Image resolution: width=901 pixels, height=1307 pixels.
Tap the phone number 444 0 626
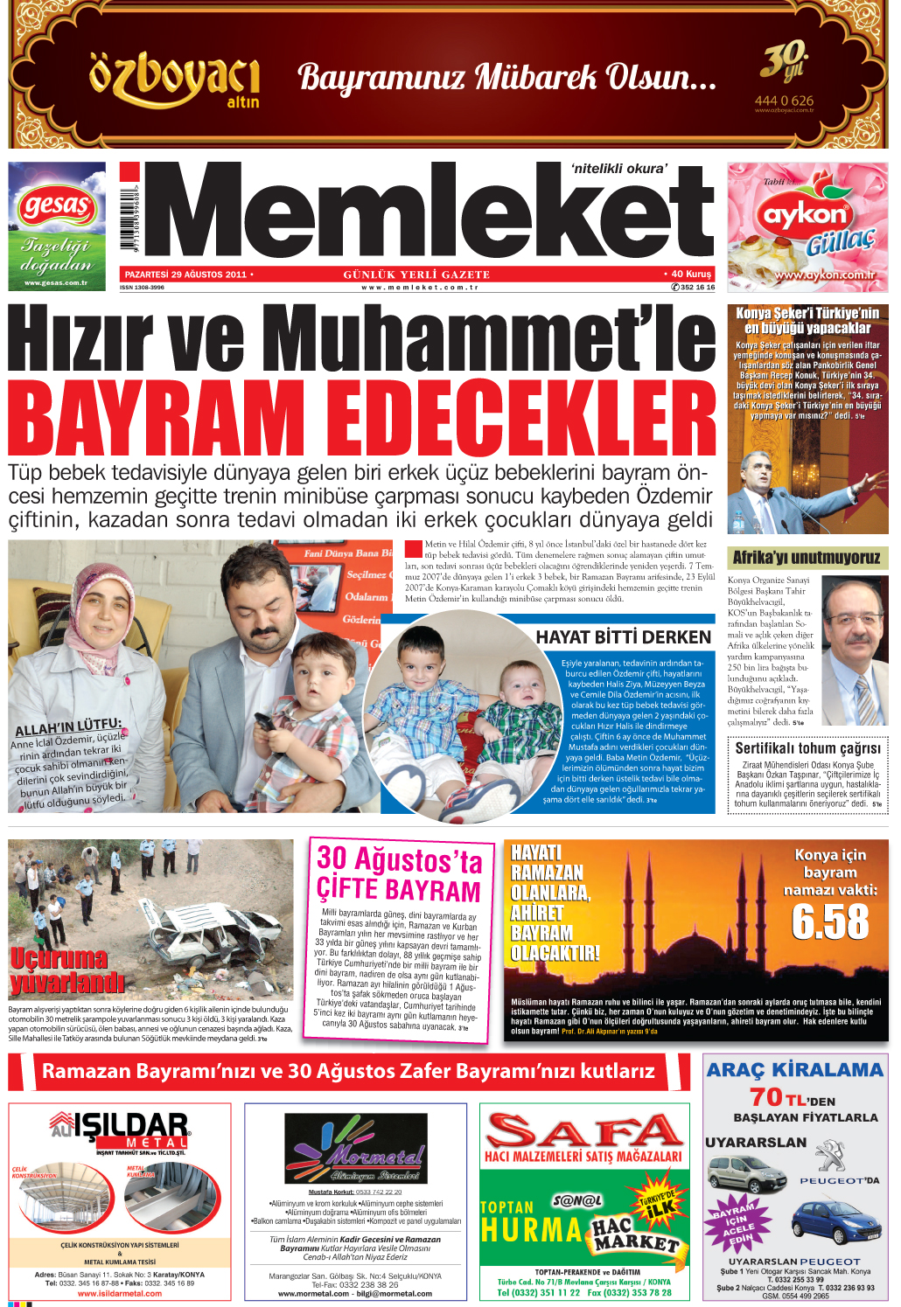pyautogui.click(x=784, y=101)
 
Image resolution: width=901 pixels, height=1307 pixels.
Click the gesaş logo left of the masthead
pyautogui.click(x=57, y=207)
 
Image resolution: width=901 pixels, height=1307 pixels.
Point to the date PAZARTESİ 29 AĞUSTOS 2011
pyautogui.click(x=185, y=275)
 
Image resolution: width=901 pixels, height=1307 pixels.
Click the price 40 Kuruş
pyautogui.click(x=690, y=274)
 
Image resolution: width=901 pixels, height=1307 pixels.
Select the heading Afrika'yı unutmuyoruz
pyautogui.click(x=807, y=558)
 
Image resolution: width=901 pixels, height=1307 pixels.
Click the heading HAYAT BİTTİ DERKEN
pyautogui.click(x=623, y=637)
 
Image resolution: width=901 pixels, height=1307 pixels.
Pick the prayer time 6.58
pyautogui.click(x=829, y=921)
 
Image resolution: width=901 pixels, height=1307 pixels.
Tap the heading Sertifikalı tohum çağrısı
pyautogui.click(x=807, y=748)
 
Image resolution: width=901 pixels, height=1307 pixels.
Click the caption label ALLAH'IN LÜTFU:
pyautogui.click(x=68, y=727)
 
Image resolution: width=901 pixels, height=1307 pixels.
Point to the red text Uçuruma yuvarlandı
pyautogui.click(x=66, y=970)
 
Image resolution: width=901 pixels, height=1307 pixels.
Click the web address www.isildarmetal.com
pyautogui.click(x=119, y=1293)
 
